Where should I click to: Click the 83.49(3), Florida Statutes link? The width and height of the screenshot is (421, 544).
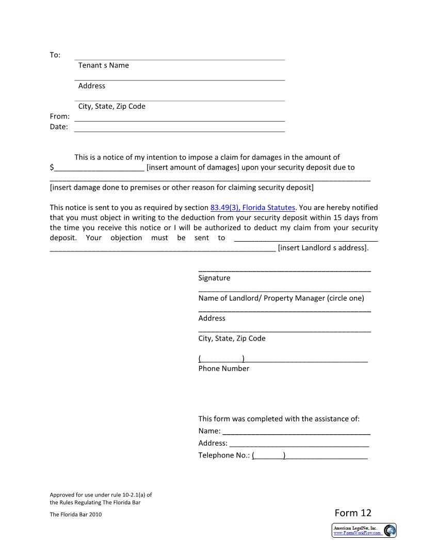click(253, 208)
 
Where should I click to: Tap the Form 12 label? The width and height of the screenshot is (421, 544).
click(352, 513)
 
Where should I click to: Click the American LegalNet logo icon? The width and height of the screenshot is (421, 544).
click(390, 530)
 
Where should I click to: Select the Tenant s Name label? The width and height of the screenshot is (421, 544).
click(103, 65)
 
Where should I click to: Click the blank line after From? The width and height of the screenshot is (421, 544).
click(180, 117)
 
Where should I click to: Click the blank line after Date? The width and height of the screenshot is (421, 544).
click(180, 127)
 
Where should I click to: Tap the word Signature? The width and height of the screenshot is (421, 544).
click(214, 278)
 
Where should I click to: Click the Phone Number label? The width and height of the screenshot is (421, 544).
click(223, 368)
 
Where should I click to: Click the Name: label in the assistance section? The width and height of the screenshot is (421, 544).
click(209, 431)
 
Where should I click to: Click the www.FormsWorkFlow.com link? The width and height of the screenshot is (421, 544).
click(357, 533)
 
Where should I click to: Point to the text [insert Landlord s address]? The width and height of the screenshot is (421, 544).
click(323, 248)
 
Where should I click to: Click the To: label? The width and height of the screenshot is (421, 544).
click(55, 55)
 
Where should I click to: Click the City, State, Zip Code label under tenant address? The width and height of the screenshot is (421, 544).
click(111, 107)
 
